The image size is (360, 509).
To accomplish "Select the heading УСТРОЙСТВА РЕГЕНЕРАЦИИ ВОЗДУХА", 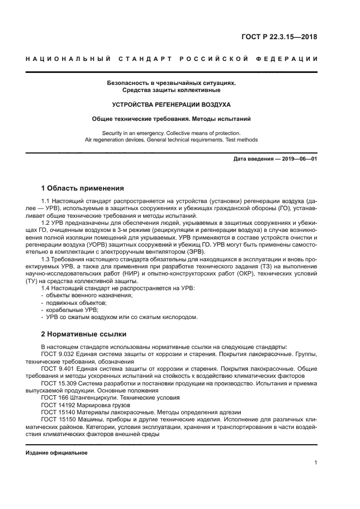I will pyautogui.click(x=171, y=103).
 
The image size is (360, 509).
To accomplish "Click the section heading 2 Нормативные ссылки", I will pyautogui.click(x=84, y=333).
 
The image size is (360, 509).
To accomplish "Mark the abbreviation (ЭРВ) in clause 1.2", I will pyautogui.click(x=195, y=252).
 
